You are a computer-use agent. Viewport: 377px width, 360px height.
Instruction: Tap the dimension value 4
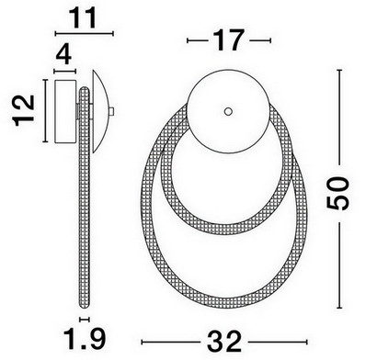pos(64,55)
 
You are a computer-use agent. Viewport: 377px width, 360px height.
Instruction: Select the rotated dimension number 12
pos(24,110)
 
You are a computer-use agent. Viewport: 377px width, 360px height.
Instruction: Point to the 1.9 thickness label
pos(85,339)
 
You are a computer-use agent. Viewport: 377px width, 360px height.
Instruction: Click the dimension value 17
pos(229,40)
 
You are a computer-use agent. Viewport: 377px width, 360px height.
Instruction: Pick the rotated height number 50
pos(337,194)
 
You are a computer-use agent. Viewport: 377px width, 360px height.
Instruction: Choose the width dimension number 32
pos(224,342)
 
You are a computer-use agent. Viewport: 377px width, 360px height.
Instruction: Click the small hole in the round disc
pos(228,111)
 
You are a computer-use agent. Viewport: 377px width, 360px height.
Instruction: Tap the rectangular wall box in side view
pos(65,111)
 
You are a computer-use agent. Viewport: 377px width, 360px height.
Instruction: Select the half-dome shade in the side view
pos(99,111)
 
